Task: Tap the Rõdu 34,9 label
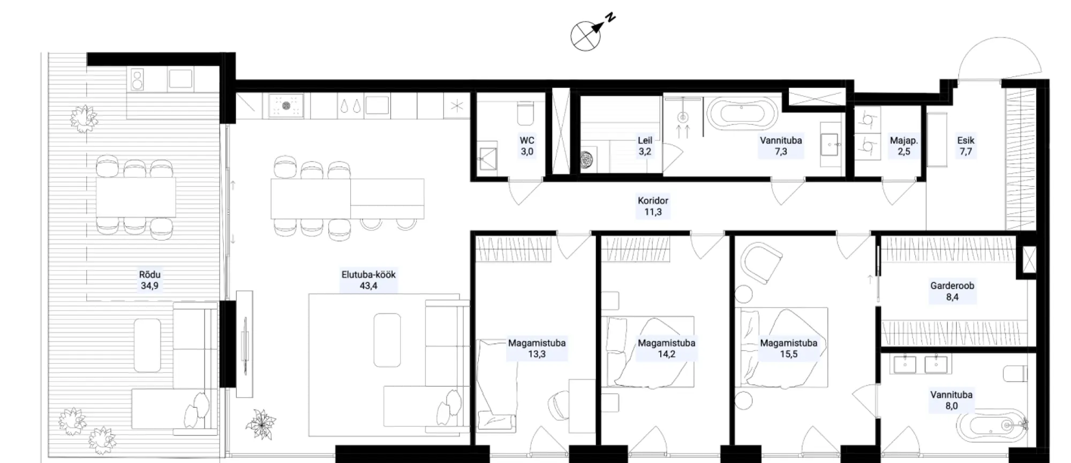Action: [x=149, y=280]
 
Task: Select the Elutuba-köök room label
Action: [x=368, y=280]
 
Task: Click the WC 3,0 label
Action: [x=527, y=146]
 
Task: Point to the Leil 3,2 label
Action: [x=645, y=146]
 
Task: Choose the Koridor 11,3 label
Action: [x=653, y=206]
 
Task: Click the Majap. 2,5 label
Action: [x=904, y=146]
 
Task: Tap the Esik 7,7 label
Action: [x=966, y=146]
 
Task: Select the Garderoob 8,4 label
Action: [x=952, y=292]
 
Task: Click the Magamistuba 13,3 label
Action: [x=537, y=348]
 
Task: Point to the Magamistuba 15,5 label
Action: [x=789, y=348]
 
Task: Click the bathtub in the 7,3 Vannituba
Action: [x=742, y=114]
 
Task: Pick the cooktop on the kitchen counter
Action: [x=286, y=106]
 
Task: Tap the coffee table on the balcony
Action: [x=147, y=345]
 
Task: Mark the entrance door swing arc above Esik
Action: [x=1000, y=54]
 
